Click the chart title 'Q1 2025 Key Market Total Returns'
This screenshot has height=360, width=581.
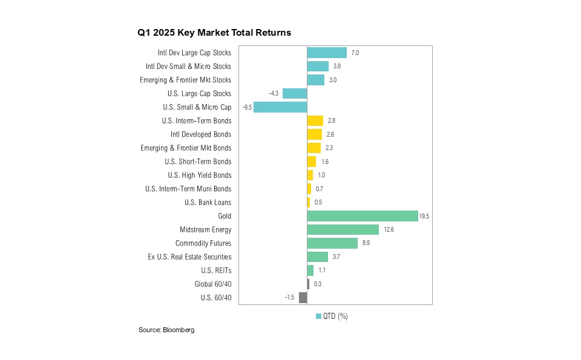tap(214, 33)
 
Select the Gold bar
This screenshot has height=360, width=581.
tap(363, 216)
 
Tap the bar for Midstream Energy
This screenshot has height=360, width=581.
tap(343, 230)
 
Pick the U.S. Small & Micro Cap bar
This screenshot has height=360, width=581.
tap(280, 107)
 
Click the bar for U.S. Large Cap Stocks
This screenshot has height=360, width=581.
tap(295, 94)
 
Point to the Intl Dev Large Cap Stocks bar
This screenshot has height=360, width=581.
tap(327, 53)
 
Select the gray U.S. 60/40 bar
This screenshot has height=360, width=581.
tap(303, 298)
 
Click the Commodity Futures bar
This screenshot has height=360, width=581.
tap(332, 243)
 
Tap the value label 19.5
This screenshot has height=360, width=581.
tap(424, 216)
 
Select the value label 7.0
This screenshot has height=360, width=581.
tap(355, 53)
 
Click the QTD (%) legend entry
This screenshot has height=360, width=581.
tap(332, 316)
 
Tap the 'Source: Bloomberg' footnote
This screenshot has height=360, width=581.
tap(166, 330)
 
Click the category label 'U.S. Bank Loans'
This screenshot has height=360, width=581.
tap(208, 203)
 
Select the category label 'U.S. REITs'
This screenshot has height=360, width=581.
tap(216, 270)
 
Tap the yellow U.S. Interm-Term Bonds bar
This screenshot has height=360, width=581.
tap(315, 121)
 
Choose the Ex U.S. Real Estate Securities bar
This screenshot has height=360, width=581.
tap(318, 257)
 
